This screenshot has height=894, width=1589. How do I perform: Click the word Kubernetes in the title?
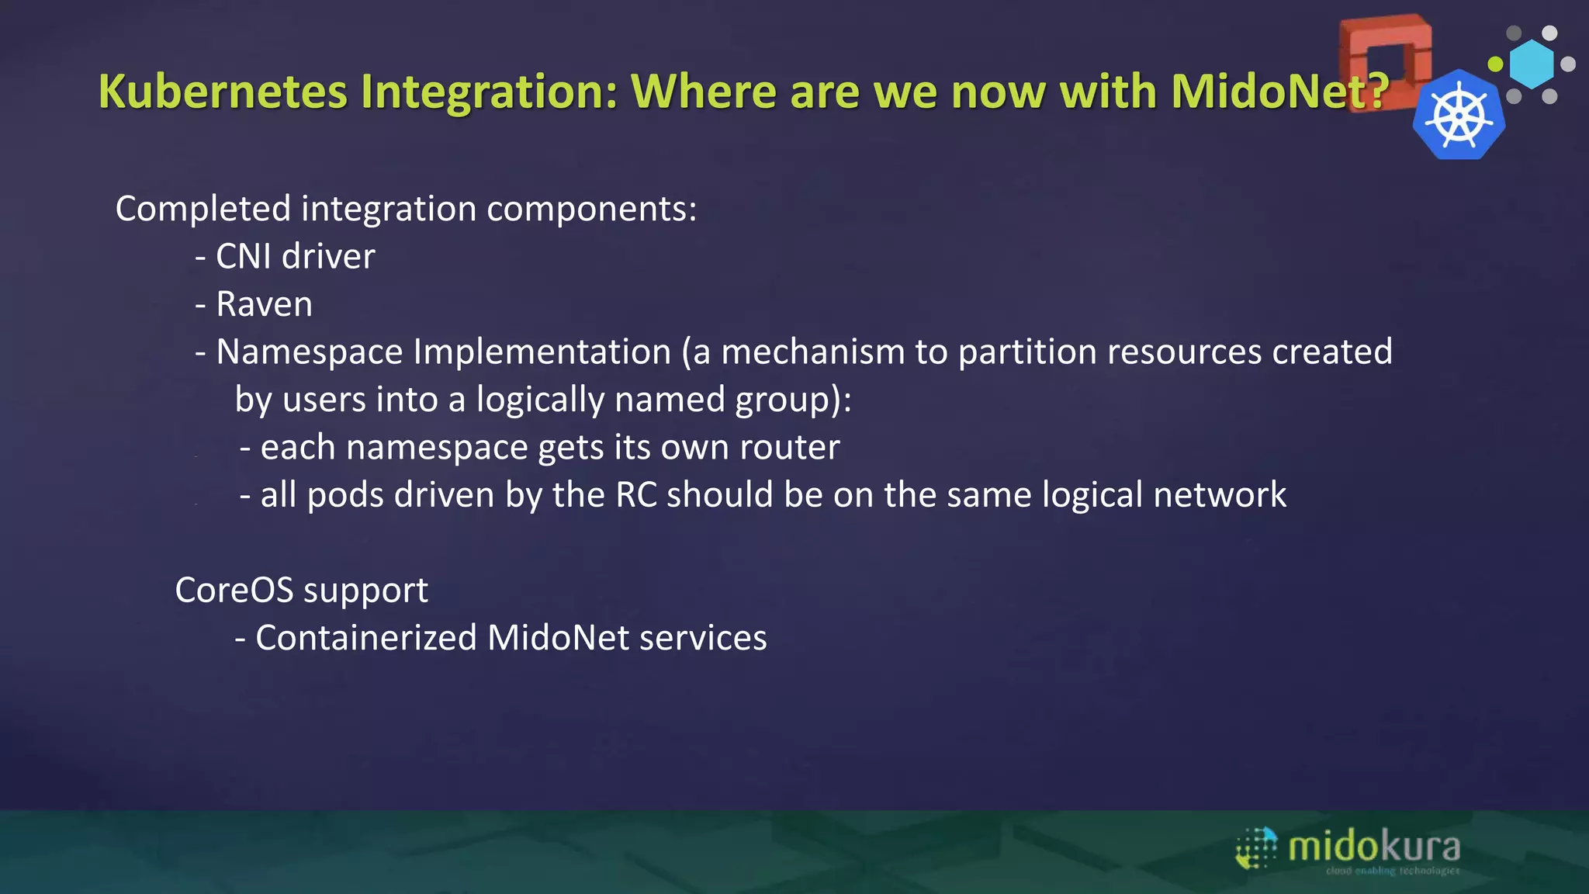pos(223,92)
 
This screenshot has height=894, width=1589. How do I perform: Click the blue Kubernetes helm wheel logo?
pos(1459,116)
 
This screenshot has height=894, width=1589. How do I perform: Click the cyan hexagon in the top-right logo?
pos(1532,64)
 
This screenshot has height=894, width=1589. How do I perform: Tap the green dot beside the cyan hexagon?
pos(1495,64)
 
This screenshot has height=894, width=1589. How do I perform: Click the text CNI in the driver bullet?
pos(244,256)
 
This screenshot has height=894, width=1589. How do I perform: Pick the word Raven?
pos(265,304)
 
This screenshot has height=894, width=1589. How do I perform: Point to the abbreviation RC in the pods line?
pos(636,495)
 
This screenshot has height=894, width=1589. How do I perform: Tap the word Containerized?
pos(365,638)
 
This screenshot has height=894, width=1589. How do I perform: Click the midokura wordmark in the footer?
pos(1373,846)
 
